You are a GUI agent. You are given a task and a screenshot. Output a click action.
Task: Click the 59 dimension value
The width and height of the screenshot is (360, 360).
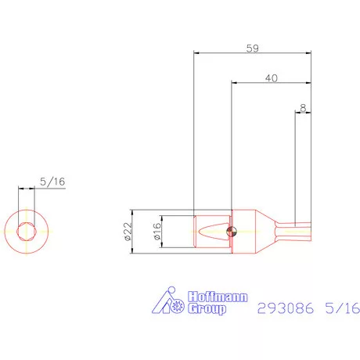pyautogui.click(x=252, y=47)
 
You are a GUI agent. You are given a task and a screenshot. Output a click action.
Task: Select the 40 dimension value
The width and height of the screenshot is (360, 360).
pyautogui.click(x=272, y=77)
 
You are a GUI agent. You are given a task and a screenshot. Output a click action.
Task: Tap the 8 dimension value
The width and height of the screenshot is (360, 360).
pyautogui.click(x=302, y=107)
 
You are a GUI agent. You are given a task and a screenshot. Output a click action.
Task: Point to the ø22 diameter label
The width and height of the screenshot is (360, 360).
pyautogui.click(x=128, y=231)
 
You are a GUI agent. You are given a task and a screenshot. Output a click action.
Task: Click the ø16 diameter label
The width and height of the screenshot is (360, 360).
pyautogui.click(x=156, y=231)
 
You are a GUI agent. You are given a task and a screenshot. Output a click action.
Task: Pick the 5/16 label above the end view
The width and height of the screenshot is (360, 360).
pyautogui.click(x=52, y=182)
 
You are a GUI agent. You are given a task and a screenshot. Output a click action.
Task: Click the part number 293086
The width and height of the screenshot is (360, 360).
pyautogui.click(x=286, y=308)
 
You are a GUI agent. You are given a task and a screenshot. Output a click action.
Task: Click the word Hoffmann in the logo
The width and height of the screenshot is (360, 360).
pyautogui.click(x=206, y=297)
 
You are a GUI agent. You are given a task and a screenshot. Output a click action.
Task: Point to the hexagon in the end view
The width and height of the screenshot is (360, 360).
pyautogui.click(x=29, y=231)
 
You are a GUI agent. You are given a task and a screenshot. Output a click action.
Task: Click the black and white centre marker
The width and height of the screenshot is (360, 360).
pyautogui.click(x=229, y=231)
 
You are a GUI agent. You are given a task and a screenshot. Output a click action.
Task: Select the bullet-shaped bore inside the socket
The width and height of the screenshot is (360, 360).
pyautogui.click(x=211, y=231)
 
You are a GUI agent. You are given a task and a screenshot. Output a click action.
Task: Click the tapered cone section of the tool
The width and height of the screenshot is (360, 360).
pyautogui.click(x=265, y=230)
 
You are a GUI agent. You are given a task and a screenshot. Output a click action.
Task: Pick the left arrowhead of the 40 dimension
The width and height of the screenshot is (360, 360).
pyautogui.click(x=235, y=83)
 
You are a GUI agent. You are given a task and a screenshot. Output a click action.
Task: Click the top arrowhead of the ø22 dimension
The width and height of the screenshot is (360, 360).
pyautogui.click(x=134, y=213)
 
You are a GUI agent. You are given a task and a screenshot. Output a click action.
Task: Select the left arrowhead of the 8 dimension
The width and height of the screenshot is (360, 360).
pyautogui.click(x=297, y=113)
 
